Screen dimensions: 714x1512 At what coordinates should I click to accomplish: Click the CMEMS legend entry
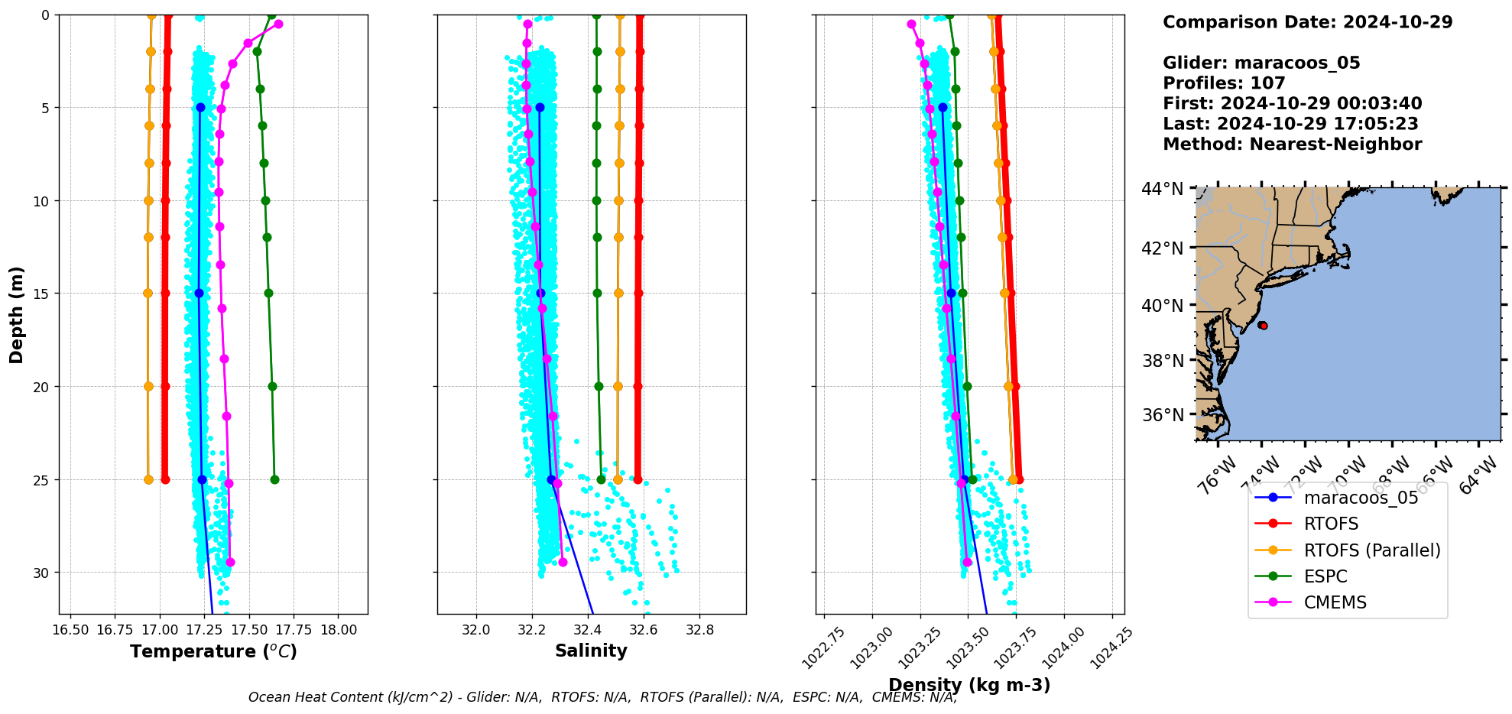1335,602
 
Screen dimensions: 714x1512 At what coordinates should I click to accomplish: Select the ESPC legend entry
1325,576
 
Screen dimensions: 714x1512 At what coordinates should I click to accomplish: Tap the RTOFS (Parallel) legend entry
1371,550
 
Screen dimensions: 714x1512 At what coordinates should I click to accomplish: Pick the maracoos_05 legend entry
1361,498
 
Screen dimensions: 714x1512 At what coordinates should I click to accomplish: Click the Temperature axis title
213,651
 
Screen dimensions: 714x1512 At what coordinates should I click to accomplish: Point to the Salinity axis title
591,651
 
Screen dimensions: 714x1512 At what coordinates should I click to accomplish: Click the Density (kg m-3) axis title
969,685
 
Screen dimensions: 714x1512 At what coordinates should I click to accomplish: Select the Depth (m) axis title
17,315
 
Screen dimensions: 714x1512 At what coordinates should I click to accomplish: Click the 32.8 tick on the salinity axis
699,630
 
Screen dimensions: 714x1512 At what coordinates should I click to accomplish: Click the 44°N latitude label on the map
1162,189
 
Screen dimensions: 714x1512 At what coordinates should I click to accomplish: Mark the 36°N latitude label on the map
1162,415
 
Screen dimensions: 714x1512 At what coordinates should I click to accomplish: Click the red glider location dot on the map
1263,326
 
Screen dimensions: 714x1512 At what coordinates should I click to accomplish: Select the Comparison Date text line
1307,22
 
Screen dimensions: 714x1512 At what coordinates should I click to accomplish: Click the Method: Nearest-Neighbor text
1292,144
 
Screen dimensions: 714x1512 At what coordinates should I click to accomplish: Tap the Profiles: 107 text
1224,83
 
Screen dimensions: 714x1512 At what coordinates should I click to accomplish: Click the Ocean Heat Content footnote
602,697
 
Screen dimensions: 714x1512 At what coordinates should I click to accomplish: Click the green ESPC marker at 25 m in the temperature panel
274,480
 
